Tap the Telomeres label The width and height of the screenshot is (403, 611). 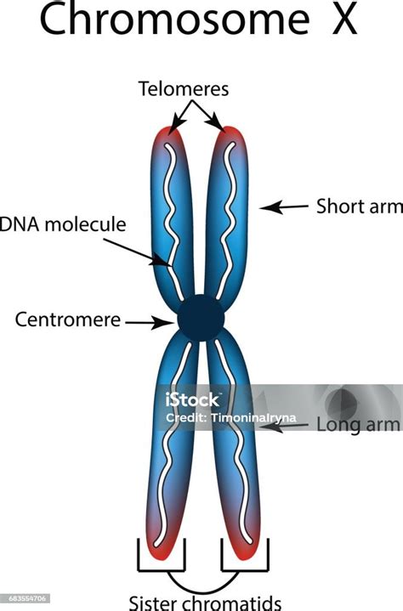[184, 89]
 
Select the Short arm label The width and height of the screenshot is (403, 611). [359, 206]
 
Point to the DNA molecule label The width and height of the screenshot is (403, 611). [63, 224]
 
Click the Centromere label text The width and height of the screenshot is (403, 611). [68, 320]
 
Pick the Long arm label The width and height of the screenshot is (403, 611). [358, 424]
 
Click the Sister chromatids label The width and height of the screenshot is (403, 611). [205, 603]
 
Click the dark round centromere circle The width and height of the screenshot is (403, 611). [201, 318]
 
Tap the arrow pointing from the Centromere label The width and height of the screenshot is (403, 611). [150, 323]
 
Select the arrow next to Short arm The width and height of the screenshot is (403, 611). [284, 206]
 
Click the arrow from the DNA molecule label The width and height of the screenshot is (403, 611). [138, 253]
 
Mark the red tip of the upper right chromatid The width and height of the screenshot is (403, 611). [230, 135]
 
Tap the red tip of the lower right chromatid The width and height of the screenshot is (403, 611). [246, 550]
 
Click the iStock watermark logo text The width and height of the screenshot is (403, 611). [192, 399]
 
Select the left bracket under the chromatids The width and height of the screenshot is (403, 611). [161, 555]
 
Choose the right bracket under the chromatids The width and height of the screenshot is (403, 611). [245, 555]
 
